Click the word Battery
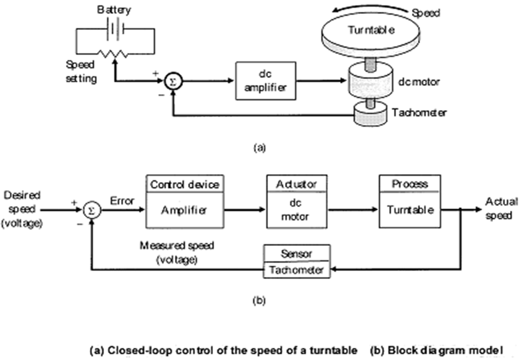coord(114,10)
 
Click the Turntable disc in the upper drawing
coord(371,34)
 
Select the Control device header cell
coord(184,185)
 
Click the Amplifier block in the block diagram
coord(184,210)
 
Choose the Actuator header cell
coord(295,183)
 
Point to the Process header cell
coord(410,184)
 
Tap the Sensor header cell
coord(297,253)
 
